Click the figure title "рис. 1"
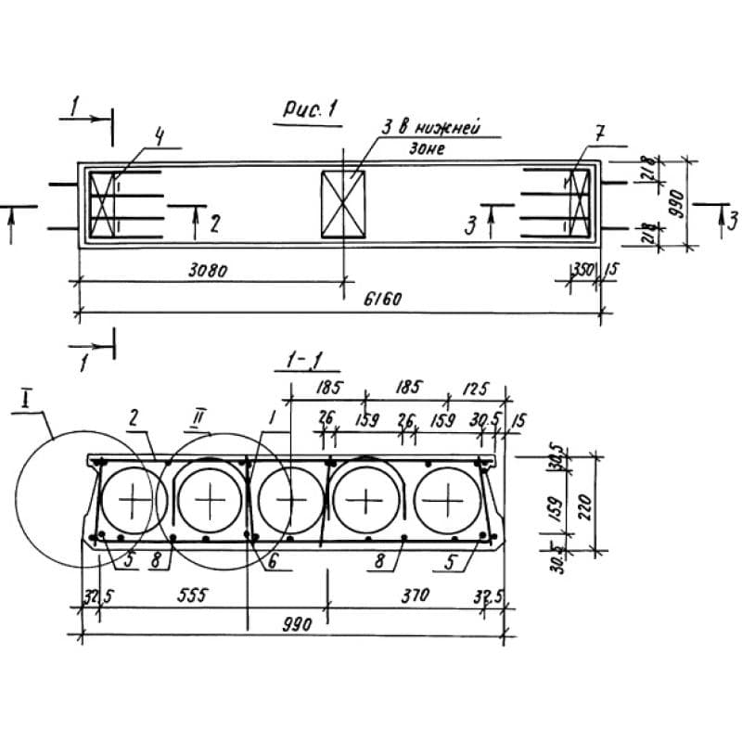pyautogui.click(x=310, y=109)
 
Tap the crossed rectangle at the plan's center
pyautogui.click(x=342, y=204)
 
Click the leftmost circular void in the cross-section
pyautogui.click(x=134, y=502)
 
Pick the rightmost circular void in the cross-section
pyautogui.click(x=448, y=502)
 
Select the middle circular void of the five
pyautogui.click(x=290, y=502)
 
